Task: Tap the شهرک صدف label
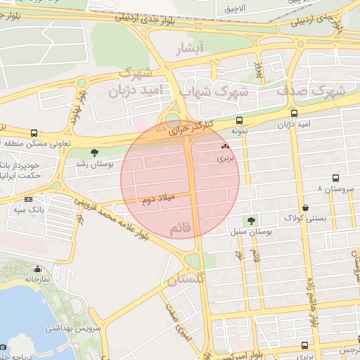(310, 91)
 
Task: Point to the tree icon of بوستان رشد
(94, 152)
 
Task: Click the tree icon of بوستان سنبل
(251, 221)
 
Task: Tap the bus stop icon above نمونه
(240, 121)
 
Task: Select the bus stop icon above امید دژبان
(294, 113)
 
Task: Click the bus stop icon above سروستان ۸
(335, 178)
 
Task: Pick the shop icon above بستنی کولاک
(305, 207)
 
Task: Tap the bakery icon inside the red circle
(225, 147)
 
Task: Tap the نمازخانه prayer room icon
(37, 268)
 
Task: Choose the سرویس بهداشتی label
(75, 328)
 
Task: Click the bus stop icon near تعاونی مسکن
(34, 132)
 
